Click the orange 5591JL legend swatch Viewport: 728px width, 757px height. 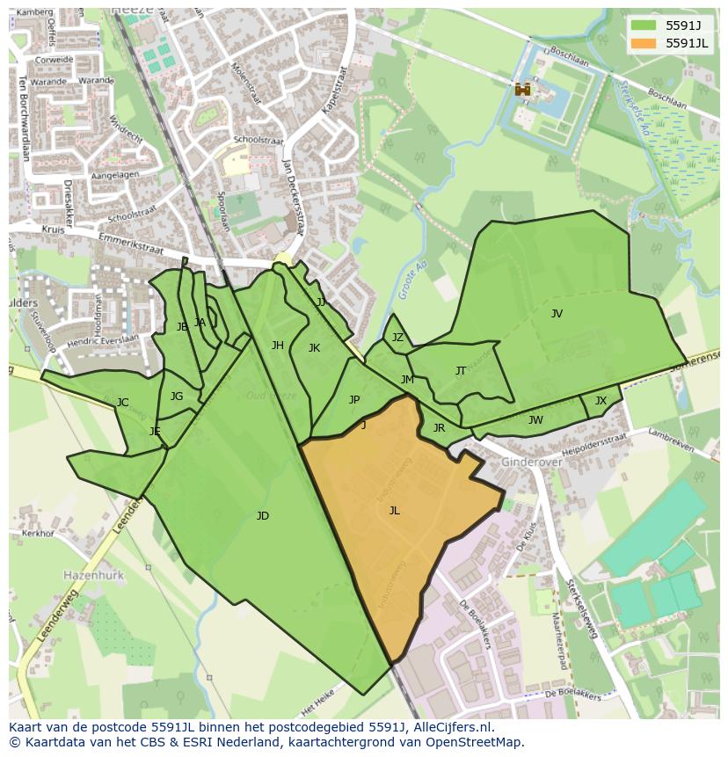pyautogui.click(x=644, y=43)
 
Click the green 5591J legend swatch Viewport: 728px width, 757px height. pyautogui.click(x=644, y=25)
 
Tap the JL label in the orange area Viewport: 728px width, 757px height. pyautogui.click(x=394, y=510)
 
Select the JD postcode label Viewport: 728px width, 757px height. pyautogui.click(x=262, y=516)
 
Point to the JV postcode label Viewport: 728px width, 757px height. pyautogui.click(x=557, y=313)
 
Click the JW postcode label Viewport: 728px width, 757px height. pyautogui.click(x=535, y=420)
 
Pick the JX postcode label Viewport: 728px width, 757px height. pyautogui.click(x=601, y=401)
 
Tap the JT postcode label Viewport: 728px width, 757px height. pyautogui.click(x=461, y=371)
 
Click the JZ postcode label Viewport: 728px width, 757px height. pyautogui.click(x=397, y=338)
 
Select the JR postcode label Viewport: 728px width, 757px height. pyautogui.click(x=439, y=428)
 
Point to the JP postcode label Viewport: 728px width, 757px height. pyautogui.click(x=354, y=400)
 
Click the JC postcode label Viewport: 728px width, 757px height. pyautogui.click(x=123, y=403)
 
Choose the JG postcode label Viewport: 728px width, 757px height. pyautogui.click(x=177, y=397)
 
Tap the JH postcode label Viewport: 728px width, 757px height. pyautogui.click(x=278, y=346)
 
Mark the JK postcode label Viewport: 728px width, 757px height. pyautogui.click(x=314, y=348)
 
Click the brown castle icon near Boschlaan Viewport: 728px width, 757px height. pyautogui.click(x=523, y=89)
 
